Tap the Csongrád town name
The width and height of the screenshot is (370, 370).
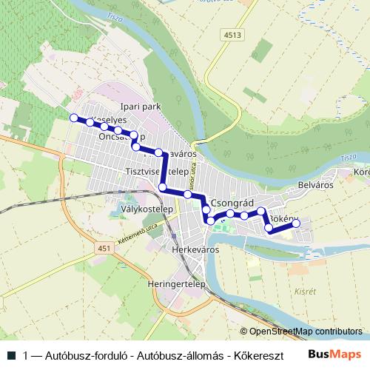click(x=233, y=203)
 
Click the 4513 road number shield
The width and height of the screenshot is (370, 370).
click(x=234, y=35)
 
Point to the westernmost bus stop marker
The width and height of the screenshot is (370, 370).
click(x=73, y=118)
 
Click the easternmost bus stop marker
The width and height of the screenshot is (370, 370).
click(x=295, y=223)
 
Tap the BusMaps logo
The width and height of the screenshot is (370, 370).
click(x=340, y=354)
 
